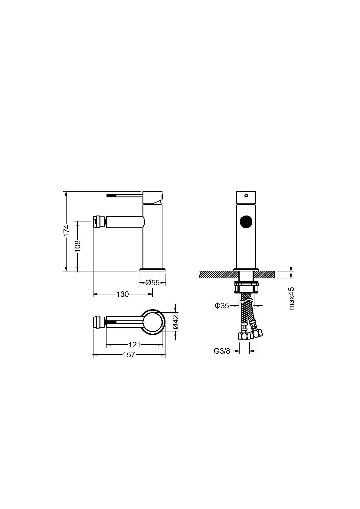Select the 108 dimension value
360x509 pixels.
(77, 246)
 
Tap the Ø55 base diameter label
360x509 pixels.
(152, 283)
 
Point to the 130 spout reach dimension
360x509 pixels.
(123, 294)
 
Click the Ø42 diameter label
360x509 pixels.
(175, 322)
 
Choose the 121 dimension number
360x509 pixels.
(134, 345)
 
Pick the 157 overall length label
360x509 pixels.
(129, 355)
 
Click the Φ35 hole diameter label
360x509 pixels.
(222, 306)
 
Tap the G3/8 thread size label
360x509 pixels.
(222, 351)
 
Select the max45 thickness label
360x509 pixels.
(291, 298)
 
